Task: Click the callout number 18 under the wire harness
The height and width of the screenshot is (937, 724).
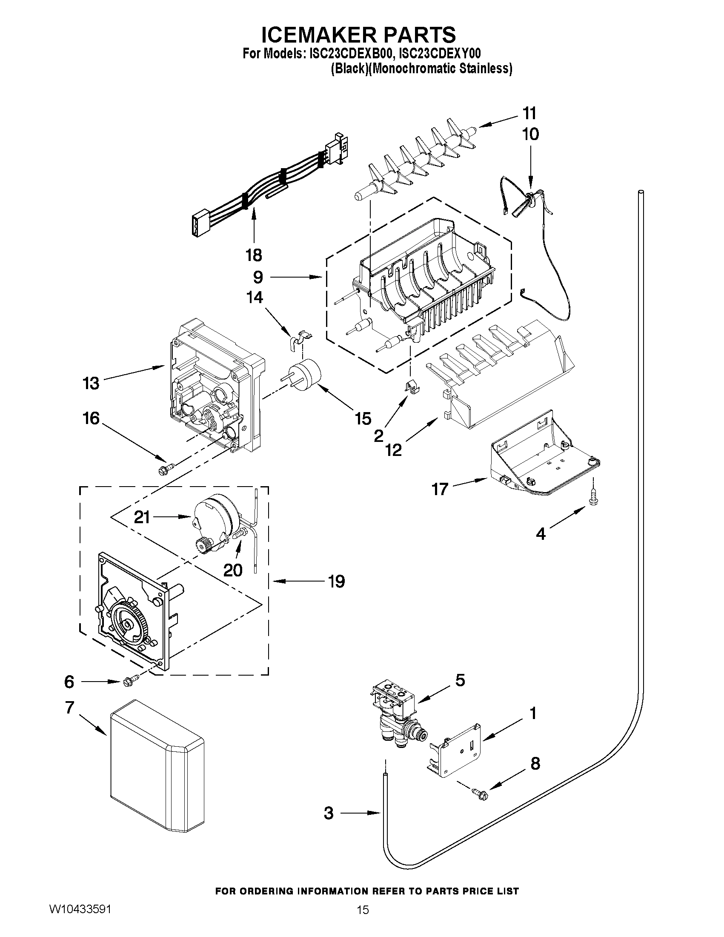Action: coord(254,255)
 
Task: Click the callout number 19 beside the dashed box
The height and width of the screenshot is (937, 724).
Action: coord(336,582)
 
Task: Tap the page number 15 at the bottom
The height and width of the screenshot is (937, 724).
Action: coord(363,908)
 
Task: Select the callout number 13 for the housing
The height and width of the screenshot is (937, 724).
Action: coord(91,383)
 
